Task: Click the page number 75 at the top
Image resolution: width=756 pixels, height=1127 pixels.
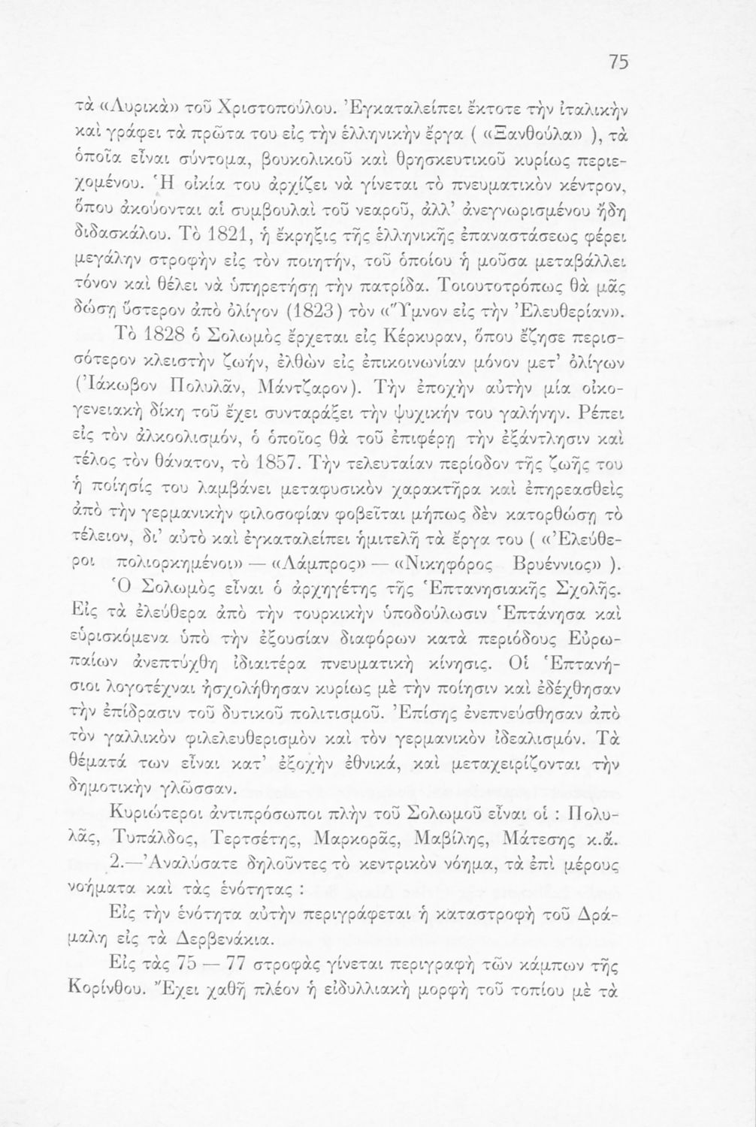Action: (619, 64)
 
